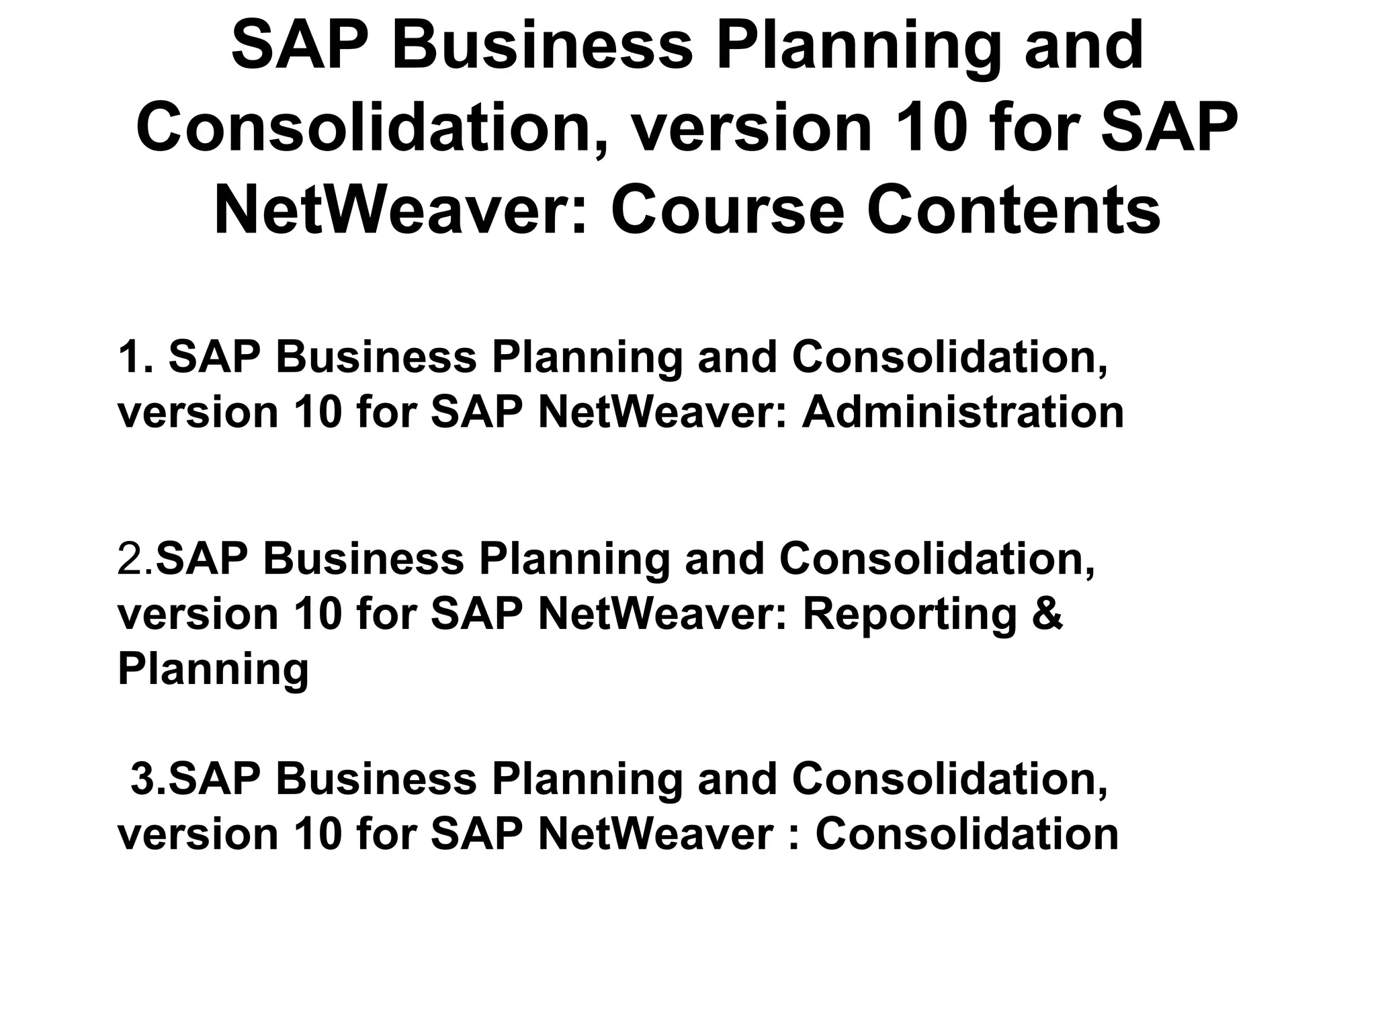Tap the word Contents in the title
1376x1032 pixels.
tap(1013, 211)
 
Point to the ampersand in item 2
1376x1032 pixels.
tap(1047, 614)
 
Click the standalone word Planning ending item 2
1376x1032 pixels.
tap(213, 669)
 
